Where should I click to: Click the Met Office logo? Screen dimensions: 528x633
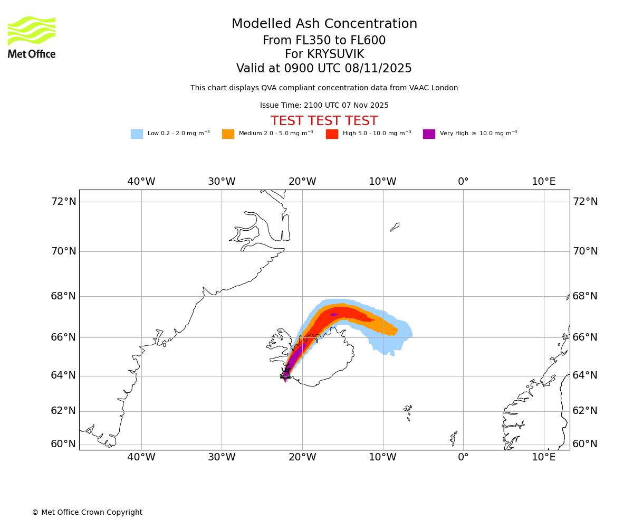pyautogui.click(x=32, y=37)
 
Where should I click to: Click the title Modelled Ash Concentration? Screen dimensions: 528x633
pyautogui.click(x=324, y=24)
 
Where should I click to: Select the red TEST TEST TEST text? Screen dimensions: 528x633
pyautogui.click(x=324, y=121)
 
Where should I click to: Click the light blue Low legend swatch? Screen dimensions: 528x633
pyautogui.click(x=137, y=134)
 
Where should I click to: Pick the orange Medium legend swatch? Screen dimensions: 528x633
pyautogui.click(x=228, y=134)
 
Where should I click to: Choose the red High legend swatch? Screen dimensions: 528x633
pyautogui.click(x=332, y=134)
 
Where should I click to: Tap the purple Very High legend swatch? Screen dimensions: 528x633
pyautogui.click(x=429, y=134)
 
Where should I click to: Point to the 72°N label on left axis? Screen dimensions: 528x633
pyautogui.click(x=63, y=202)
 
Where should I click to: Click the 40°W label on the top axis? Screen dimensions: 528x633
pyautogui.click(x=141, y=182)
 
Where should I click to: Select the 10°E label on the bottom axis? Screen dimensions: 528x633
pyautogui.click(x=544, y=457)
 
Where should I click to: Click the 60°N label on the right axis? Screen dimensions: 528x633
pyautogui.click(x=585, y=444)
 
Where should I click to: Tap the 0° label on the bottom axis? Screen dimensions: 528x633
pyautogui.click(x=463, y=457)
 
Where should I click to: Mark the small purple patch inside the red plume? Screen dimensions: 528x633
pyautogui.click(x=334, y=315)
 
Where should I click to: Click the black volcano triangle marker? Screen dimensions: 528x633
pyautogui.click(x=285, y=374)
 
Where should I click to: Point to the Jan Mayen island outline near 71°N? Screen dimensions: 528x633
pyautogui.click(x=395, y=227)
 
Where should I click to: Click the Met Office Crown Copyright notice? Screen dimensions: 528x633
pyautogui.click(x=87, y=513)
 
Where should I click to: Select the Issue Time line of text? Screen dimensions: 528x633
pyautogui.click(x=324, y=106)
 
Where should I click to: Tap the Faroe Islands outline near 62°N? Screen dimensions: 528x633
pyautogui.click(x=408, y=411)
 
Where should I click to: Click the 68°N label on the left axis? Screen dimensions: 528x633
pyautogui.click(x=63, y=296)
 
